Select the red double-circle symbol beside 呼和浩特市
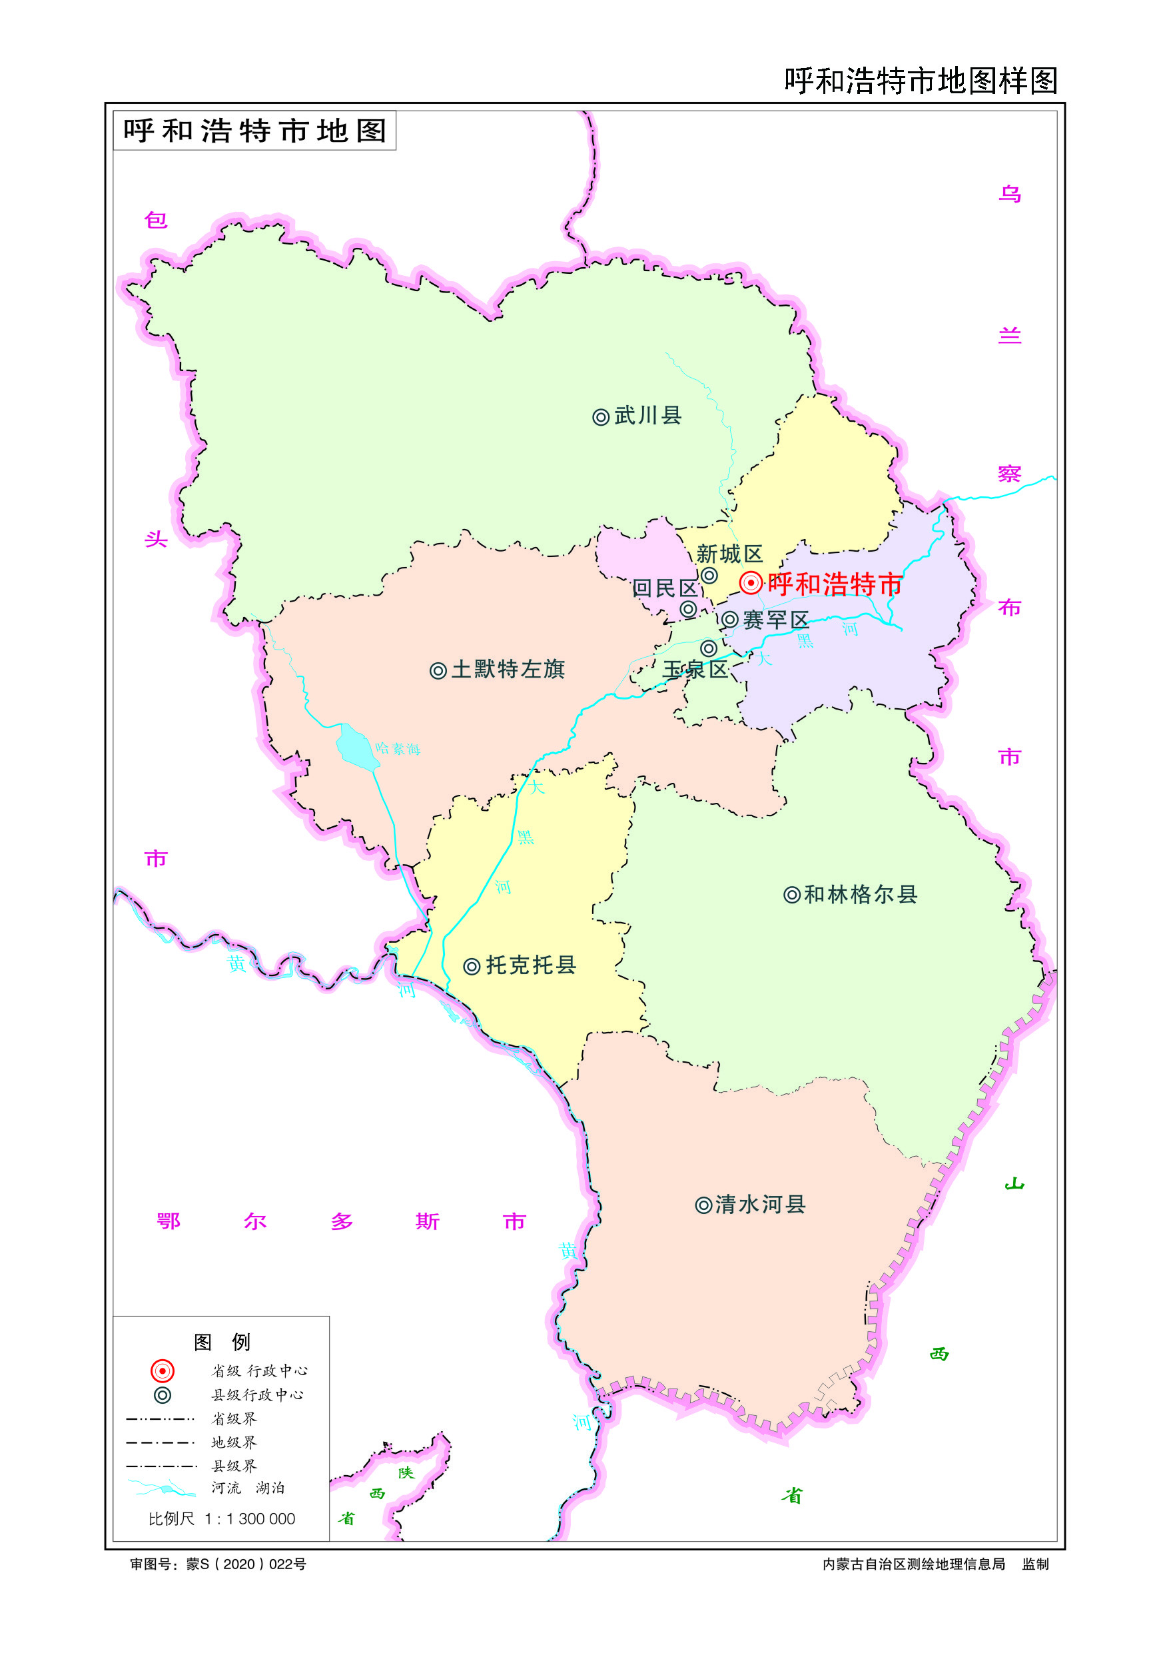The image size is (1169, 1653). click(751, 582)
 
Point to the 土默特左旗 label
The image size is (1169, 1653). click(508, 669)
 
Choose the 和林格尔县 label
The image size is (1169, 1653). click(860, 894)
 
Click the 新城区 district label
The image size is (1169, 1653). click(729, 554)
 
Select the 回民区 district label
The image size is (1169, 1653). click(665, 588)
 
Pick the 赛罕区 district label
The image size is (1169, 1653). click(776, 619)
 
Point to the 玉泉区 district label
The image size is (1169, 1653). click(695, 669)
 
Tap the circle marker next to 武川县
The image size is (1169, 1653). click(600, 417)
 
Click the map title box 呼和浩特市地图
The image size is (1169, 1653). click(255, 131)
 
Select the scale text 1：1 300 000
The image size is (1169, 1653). click(250, 1518)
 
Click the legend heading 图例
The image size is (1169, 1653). click(222, 1342)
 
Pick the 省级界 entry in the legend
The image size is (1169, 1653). click(233, 1418)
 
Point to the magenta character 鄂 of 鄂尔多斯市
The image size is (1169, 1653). click(168, 1221)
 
